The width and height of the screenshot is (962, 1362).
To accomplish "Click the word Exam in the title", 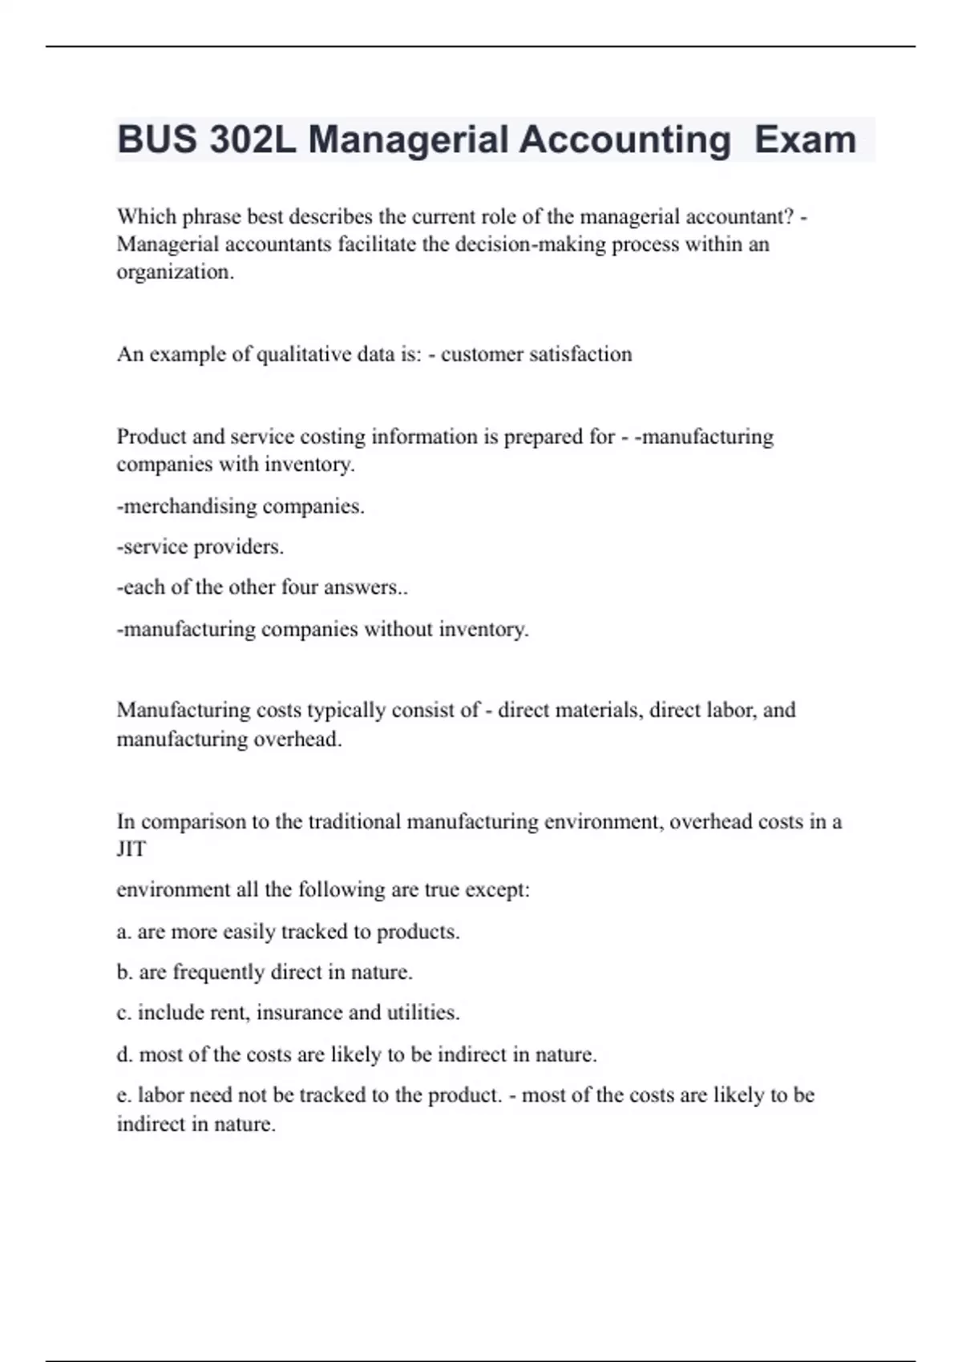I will (x=806, y=139).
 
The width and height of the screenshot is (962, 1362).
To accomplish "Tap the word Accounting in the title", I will (x=624, y=139).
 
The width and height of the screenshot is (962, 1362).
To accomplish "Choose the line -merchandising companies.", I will (x=240, y=506).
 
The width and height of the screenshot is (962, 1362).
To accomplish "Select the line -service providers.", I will (x=200, y=547).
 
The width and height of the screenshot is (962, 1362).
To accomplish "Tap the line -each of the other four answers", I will (x=262, y=587).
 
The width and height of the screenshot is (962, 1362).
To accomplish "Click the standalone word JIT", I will (x=131, y=849).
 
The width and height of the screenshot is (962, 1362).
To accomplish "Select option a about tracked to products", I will (x=288, y=932).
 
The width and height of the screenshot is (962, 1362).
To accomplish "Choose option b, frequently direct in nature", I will (x=265, y=973).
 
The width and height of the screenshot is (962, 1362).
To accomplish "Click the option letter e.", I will (x=123, y=1095).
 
